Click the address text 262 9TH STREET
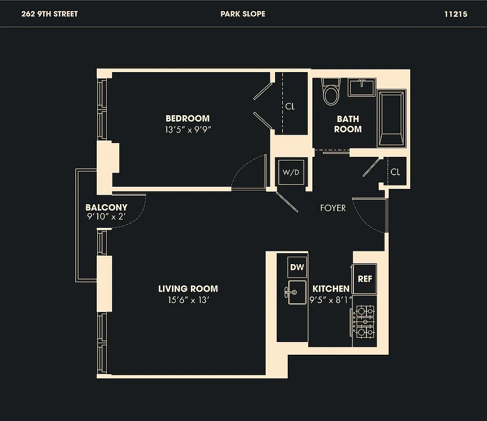(49, 14)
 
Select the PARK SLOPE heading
(243, 14)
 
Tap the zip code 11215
(455, 14)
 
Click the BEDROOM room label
(187, 118)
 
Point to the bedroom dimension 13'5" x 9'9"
(187, 129)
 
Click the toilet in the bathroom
(331, 93)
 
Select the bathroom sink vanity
(361, 87)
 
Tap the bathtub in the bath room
(392, 118)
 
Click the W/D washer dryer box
(291, 172)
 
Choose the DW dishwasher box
(297, 267)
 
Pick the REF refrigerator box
(364, 278)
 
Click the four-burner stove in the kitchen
(364, 322)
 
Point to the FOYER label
(333, 208)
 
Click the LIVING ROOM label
(188, 289)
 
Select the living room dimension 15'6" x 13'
(188, 300)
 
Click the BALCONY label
(106, 208)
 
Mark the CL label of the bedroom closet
(290, 106)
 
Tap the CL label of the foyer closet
(395, 172)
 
